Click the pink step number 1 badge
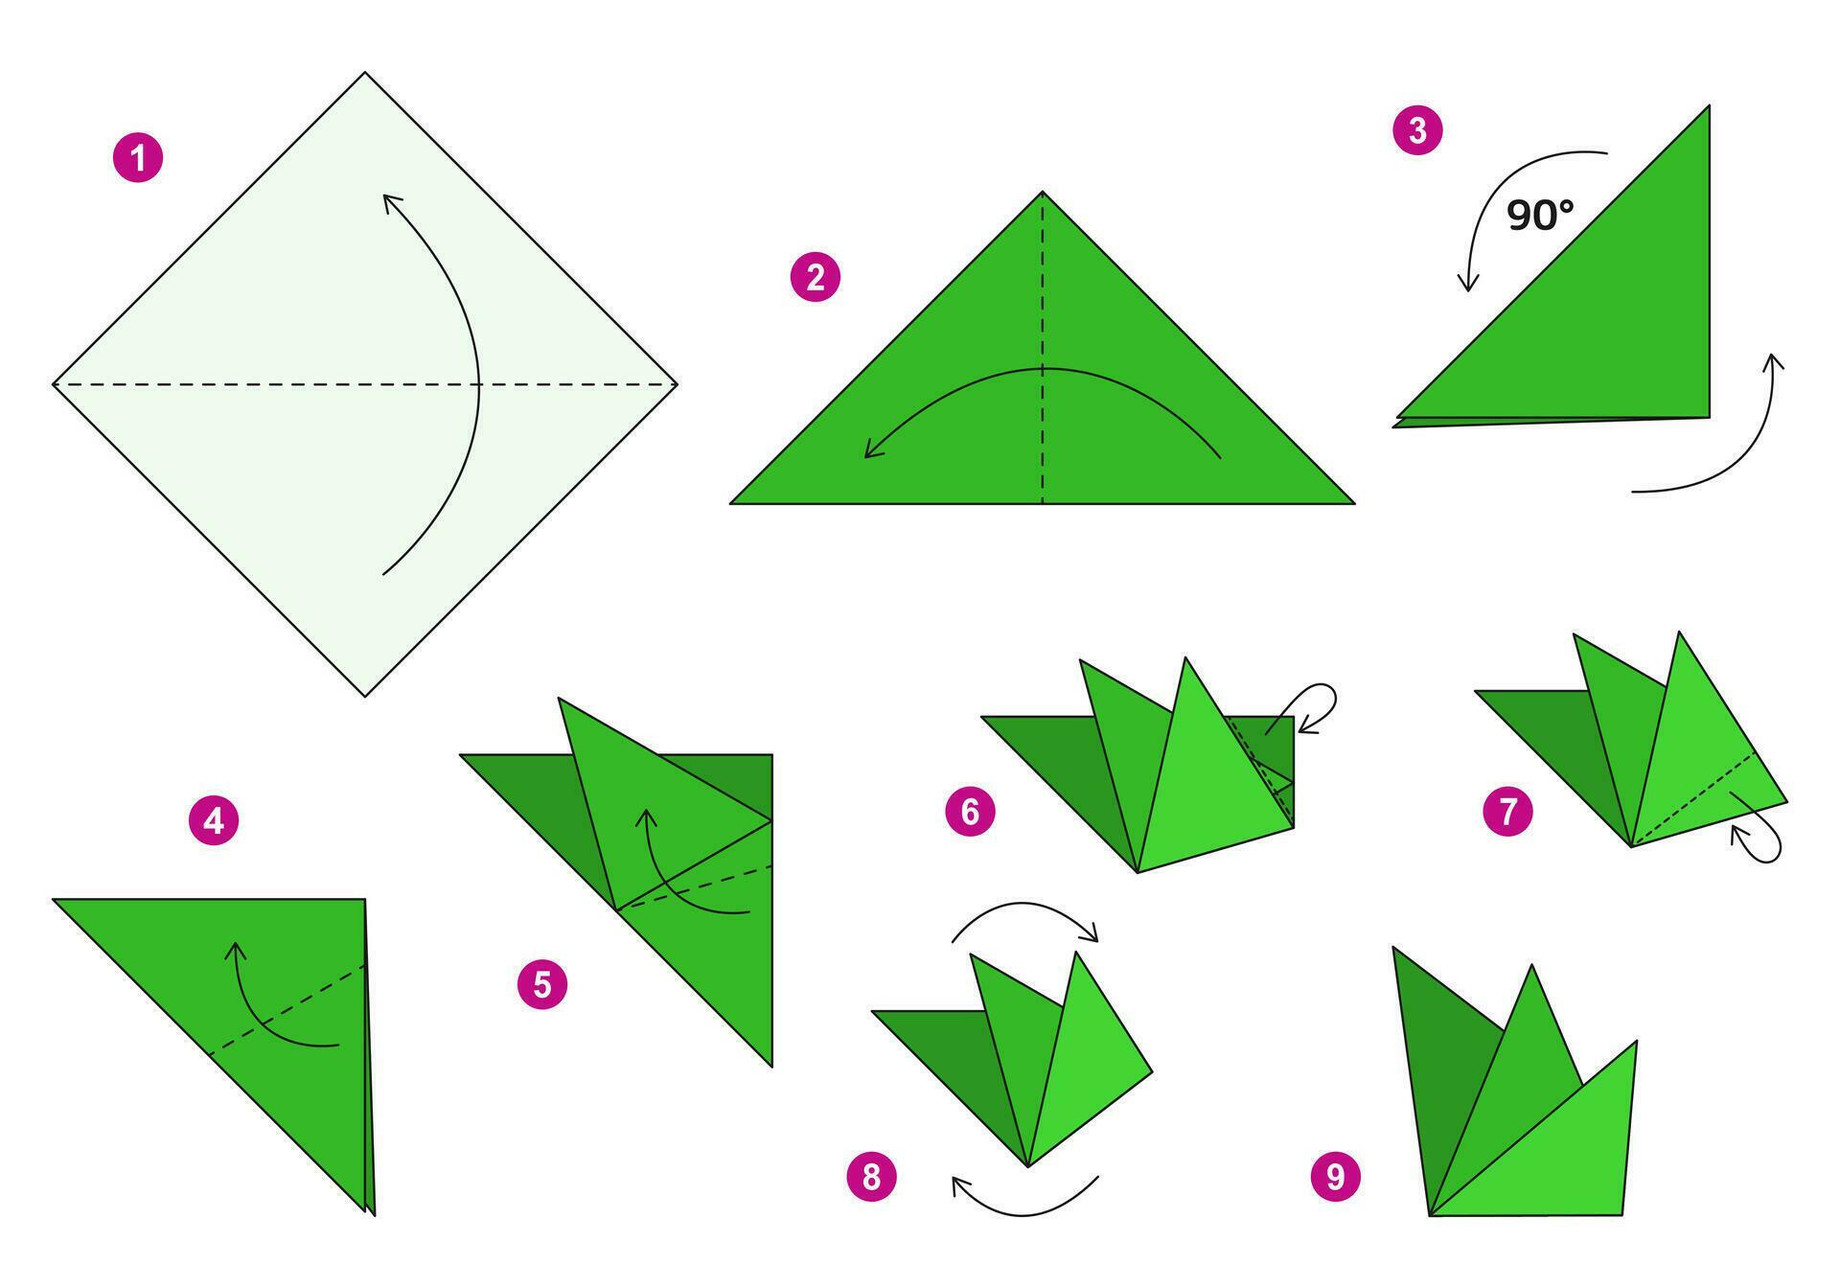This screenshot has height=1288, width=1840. click(138, 158)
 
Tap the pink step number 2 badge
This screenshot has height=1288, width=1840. click(815, 278)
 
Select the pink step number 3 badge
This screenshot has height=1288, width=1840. click(1417, 130)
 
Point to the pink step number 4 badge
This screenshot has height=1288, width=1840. click(214, 821)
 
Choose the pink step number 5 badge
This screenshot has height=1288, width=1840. click(542, 984)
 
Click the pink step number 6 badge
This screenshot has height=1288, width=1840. click(970, 812)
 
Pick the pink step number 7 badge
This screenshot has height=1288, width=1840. click(1508, 812)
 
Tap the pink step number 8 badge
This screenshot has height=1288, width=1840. click(871, 1176)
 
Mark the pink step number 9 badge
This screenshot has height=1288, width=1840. click(1336, 1176)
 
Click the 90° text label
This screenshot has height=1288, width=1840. click(1540, 216)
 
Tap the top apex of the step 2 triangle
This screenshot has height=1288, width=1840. click(1043, 194)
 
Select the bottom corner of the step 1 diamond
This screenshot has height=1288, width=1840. click(365, 695)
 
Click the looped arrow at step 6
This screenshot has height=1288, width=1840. click(1318, 707)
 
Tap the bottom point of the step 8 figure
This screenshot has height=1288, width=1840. click(1027, 1165)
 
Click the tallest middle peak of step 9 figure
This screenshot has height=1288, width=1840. click(1531, 967)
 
